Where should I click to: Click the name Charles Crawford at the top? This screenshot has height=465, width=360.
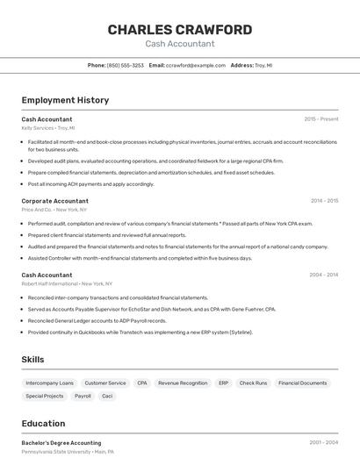point(179,30)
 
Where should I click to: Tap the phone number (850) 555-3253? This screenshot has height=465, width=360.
point(126,65)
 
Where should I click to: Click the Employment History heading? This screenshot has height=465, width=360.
point(65,100)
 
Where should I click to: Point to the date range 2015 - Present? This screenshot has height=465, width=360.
point(321,118)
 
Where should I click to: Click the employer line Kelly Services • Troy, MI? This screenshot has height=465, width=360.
point(48,127)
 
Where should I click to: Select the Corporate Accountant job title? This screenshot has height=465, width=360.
point(54,201)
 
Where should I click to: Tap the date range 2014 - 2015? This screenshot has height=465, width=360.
point(324,201)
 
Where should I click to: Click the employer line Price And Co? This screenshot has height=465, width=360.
point(54,210)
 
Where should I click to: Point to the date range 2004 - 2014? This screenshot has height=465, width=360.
point(324,275)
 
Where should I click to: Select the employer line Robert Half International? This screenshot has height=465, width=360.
point(67,283)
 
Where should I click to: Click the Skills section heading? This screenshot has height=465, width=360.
point(32,359)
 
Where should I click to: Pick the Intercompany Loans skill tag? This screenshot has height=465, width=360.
point(49,383)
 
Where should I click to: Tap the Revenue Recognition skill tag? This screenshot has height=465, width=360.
point(183,383)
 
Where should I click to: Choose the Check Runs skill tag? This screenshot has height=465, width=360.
point(253,383)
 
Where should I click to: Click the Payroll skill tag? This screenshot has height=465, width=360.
point(83,396)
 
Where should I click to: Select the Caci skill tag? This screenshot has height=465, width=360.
point(107,396)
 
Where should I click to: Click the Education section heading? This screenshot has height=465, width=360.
point(43,423)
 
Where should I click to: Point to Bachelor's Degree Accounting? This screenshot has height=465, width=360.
point(61,443)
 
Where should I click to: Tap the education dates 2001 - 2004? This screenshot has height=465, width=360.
point(324,443)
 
